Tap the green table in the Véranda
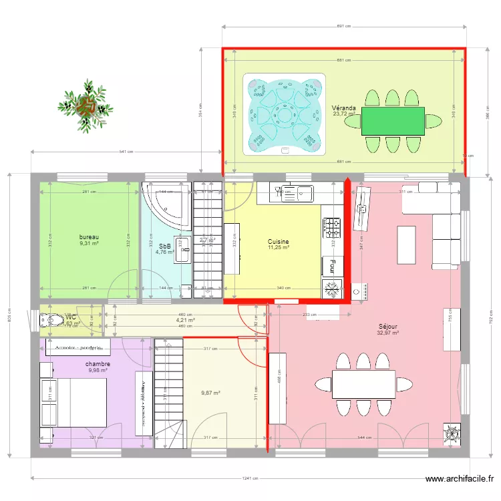[x=393, y=121]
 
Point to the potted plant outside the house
[x=85, y=104]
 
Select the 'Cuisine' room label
[x=279, y=241]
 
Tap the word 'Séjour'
[x=387, y=326]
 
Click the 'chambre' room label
[x=98, y=364]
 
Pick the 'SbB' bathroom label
[x=164, y=246]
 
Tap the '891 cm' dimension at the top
[x=345, y=27]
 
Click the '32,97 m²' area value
[x=387, y=333]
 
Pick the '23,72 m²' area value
[x=344, y=114]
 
